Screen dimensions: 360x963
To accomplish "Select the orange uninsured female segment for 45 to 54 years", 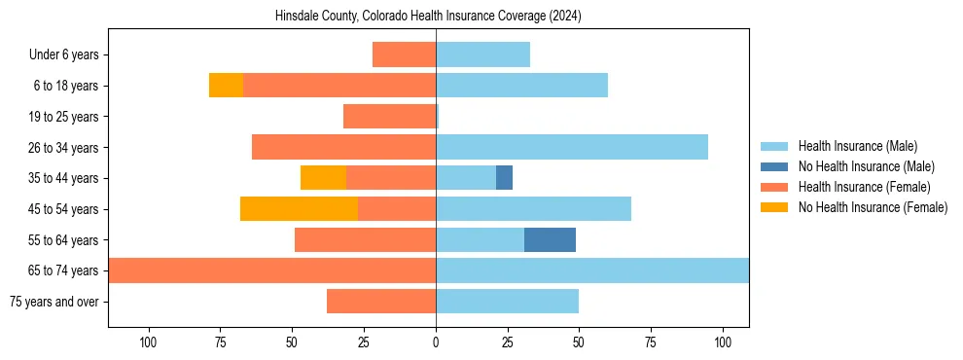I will coord(299,208).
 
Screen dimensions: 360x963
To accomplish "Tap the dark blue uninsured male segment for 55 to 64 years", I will coord(550,239).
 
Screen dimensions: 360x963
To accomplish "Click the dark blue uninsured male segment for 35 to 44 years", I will coord(504,177).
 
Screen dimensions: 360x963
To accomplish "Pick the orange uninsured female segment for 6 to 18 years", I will coord(226,86).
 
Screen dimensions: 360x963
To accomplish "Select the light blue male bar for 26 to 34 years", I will coord(572,147).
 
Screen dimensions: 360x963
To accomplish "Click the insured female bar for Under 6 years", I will coord(404,54).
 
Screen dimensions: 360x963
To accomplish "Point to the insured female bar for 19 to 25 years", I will coord(389,117).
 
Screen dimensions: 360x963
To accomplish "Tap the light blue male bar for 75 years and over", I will coord(507,301).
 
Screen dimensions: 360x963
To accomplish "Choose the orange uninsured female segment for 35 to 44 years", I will coord(323,177).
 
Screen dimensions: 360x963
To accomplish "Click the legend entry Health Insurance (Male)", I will coord(857,146).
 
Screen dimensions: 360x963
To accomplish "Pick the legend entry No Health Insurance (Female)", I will coord(873,207).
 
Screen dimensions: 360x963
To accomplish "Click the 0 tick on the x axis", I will coord(436,342).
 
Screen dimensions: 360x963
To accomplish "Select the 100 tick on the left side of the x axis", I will coord(149,342).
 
